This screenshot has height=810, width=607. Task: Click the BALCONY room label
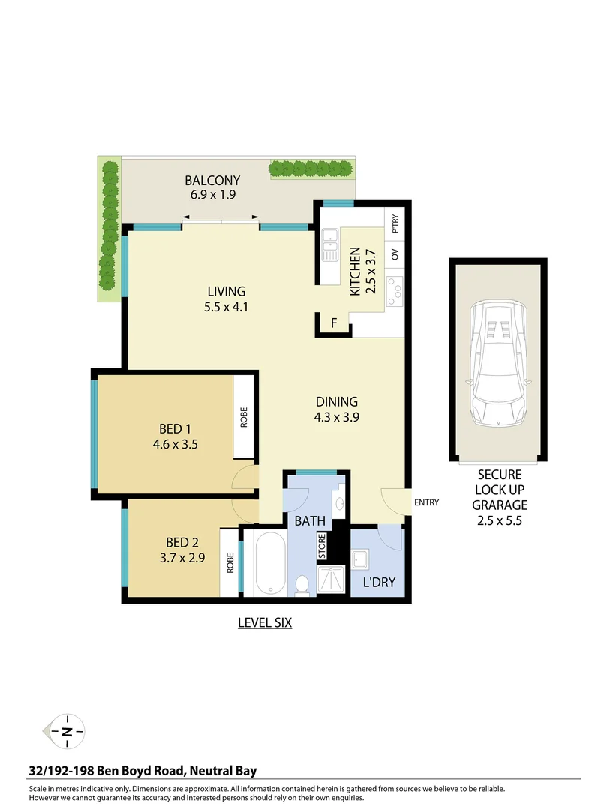tap(212, 180)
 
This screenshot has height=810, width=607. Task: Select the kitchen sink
tap(329, 246)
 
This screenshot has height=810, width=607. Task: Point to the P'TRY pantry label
tap(395, 224)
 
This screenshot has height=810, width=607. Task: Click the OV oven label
tap(395, 254)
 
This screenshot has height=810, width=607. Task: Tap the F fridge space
tap(333, 324)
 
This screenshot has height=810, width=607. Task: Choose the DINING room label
tap(336, 402)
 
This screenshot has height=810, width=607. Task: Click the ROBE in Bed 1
tap(243, 417)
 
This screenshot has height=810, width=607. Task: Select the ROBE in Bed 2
tap(230, 562)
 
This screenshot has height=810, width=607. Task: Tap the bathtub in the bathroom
tap(267, 563)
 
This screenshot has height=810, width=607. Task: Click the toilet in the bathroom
tap(304, 583)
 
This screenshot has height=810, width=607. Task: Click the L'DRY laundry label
tap(379, 582)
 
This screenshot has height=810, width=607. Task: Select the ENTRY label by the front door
tap(425, 502)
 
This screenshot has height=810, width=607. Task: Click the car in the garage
tap(498, 363)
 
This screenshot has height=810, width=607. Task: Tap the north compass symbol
tap(68, 730)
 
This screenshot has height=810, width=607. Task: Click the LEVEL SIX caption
tap(264, 622)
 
